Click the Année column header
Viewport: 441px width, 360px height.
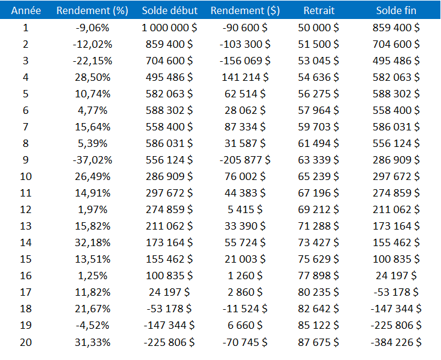coord(26,10)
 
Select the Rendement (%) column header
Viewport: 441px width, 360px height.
coord(92,10)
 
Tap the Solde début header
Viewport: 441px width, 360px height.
coord(169,10)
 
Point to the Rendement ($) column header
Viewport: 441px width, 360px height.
coord(245,10)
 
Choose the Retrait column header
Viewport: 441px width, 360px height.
coord(319,10)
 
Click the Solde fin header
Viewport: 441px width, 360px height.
coord(396,10)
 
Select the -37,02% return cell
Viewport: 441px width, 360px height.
coord(92,160)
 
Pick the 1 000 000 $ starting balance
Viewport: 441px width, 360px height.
coord(169,28)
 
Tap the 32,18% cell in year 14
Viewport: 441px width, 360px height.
coord(92,242)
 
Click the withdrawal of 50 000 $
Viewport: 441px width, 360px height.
coord(319,28)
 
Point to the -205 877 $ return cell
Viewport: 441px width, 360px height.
coord(245,160)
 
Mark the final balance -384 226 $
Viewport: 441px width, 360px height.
coord(396,342)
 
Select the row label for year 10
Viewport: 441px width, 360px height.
coord(26,176)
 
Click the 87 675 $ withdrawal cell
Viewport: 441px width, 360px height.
coord(319,342)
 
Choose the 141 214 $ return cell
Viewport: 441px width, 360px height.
coord(245,77)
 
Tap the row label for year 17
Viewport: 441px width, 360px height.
coord(26,292)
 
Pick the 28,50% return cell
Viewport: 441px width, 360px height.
coord(92,77)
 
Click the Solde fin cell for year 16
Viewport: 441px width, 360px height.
coord(396,276)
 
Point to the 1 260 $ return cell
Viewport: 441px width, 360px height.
coord(245,276)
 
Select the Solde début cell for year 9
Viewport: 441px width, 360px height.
coord(169,160)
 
